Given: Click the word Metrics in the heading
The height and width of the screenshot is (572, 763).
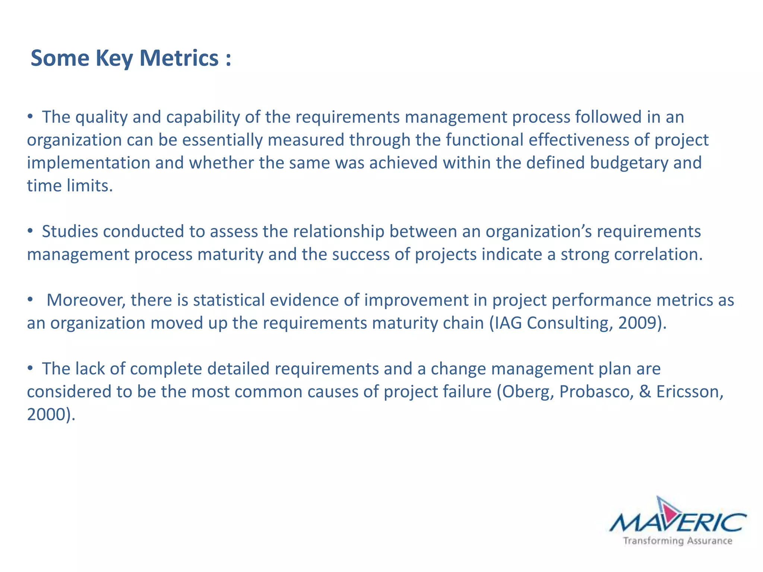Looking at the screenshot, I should coord(179,58).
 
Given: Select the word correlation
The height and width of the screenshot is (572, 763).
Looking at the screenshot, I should coord(658,254).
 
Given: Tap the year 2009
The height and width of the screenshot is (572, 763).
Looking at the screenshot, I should coord(637,323).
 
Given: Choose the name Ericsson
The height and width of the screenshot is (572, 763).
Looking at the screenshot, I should coord(689,392).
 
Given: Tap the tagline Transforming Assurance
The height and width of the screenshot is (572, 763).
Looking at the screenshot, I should coord(678,541).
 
